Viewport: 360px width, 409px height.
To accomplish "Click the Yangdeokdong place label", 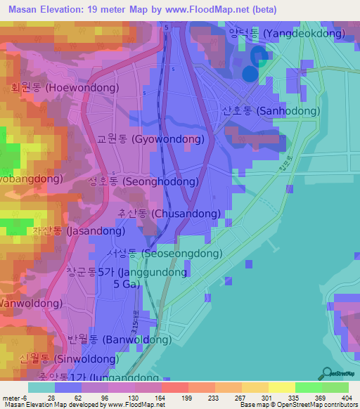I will coord(286,33).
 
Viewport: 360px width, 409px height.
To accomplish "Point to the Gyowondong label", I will coord(151,139).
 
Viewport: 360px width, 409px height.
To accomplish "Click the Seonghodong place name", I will coord(142,181).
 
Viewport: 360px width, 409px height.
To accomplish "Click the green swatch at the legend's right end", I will coord(336,387).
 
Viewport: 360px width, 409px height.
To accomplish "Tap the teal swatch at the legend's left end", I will coord(41,387).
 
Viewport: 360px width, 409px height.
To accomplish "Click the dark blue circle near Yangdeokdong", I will coord(250,74).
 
